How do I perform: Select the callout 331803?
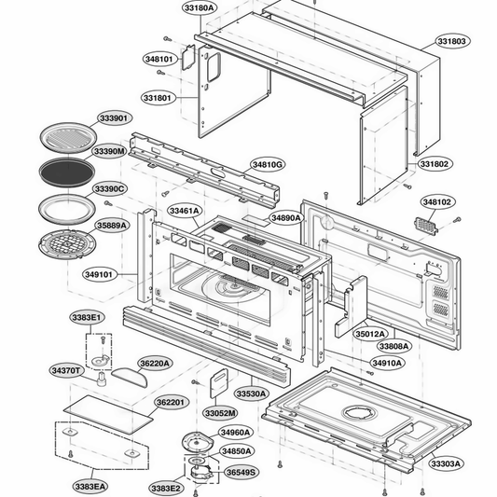450,42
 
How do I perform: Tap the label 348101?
159,59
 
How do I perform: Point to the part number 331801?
157,97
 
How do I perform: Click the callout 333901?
113,118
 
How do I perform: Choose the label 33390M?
109,151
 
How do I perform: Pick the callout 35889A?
112,225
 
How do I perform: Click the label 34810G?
267,164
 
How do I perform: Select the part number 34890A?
285,218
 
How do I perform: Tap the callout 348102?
436,201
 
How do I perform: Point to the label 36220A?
155,363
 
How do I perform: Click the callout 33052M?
220,412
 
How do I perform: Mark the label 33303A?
446,462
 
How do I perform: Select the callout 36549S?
241,472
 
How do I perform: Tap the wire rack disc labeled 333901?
65,139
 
